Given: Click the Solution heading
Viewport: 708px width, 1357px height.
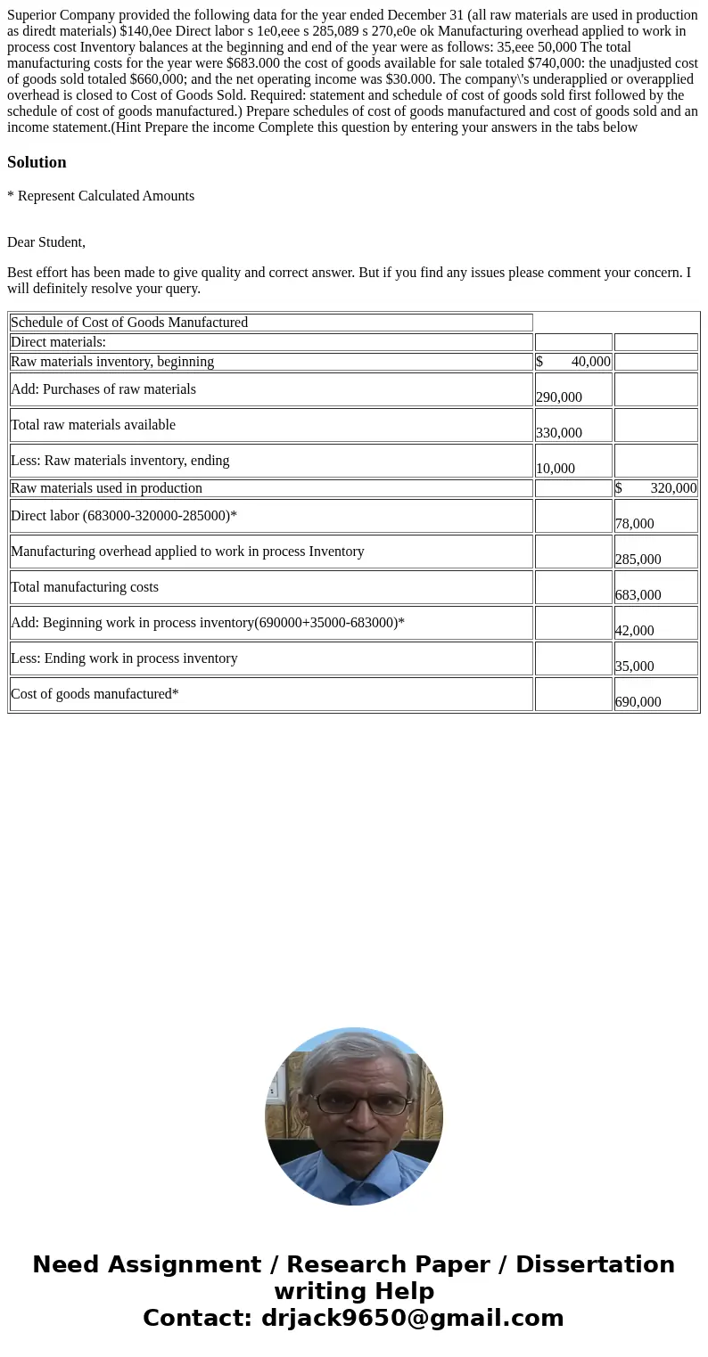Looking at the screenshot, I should tap(37, 162).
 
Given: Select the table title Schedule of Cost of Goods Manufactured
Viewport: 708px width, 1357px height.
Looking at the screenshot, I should tap(129, 323).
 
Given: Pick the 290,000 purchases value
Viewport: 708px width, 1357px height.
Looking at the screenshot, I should tap(559, 397).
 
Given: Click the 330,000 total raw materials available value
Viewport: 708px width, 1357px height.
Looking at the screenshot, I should tap(559, 433).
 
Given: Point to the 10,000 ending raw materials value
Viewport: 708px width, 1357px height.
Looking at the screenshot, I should tap(556, 469).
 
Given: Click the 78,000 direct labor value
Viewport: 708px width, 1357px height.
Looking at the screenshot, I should tap(634, 524).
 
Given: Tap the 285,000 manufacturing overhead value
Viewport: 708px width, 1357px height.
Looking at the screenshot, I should tap(638, 560).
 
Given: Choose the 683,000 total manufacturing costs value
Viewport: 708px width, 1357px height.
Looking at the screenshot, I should tap(638, 595).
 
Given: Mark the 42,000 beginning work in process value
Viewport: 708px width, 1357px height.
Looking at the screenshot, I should tap(634, 631).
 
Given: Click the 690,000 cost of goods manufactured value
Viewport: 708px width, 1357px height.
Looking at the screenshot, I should tap(638, 702).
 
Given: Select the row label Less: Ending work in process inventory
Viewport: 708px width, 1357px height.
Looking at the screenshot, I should tap(124, 658).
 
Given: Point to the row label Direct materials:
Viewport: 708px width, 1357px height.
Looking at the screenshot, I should tap(58, 342).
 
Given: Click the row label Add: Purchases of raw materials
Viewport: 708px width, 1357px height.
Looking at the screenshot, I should tap(103, 389).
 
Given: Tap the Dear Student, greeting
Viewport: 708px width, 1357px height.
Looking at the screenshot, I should tap(46, 242).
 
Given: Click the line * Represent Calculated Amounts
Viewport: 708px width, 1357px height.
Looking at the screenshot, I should tap(101, 196).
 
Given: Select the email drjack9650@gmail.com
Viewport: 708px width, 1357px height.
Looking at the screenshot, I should tap(412, 1318).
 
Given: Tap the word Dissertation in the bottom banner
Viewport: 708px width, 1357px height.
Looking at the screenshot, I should tap(595, 1264).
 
